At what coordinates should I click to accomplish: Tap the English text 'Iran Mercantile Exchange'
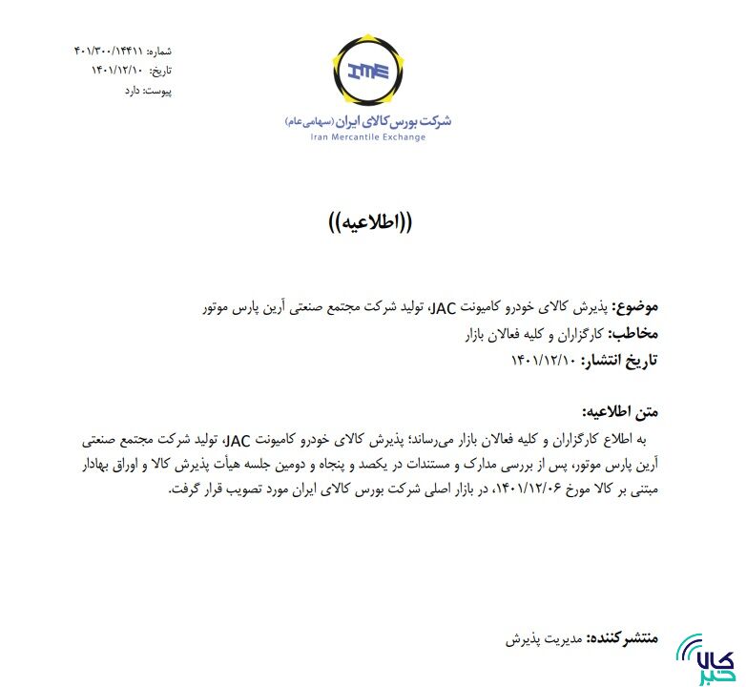tap(368, 137)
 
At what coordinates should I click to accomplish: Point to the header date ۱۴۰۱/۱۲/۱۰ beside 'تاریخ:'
tap(116, 70)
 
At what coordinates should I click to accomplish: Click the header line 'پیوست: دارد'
tap(147, 91)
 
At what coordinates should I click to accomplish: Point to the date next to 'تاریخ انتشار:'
tap(545, 360)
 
